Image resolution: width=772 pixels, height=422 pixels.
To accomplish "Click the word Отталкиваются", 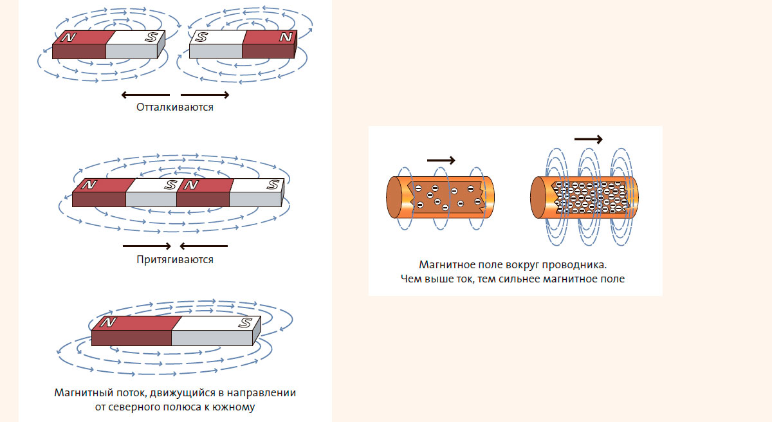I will click(x=175, y=107).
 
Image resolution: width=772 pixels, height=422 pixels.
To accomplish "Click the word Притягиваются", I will click(x=175, y=260).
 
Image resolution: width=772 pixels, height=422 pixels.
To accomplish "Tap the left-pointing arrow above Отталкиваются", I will click(x=145, y=95).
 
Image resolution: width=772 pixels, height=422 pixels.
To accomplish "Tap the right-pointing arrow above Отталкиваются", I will click(x=205, y=95).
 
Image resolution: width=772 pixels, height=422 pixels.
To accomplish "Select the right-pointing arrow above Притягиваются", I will click(x=147, y=246).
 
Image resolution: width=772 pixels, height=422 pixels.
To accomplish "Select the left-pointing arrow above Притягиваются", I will click(x=203, y=246).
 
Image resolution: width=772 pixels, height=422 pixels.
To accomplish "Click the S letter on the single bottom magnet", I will click(x=246, y=322).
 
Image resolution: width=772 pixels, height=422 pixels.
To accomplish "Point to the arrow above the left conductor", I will click(x=441, y=160).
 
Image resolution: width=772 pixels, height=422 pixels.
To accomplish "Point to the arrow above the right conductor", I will click(x=588, y=139).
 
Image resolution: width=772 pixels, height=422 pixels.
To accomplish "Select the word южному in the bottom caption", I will click(x=238, y=407).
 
